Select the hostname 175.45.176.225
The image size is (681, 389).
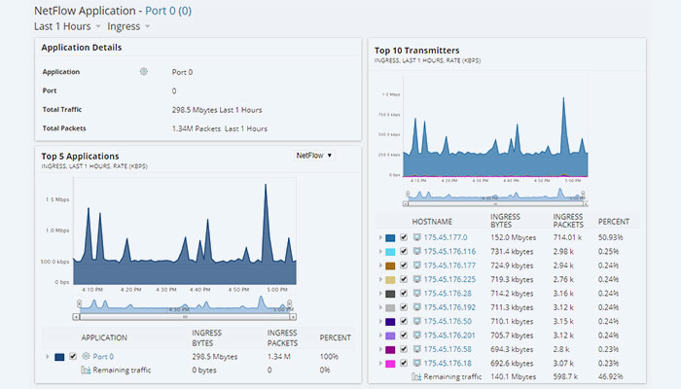click(x=452, y=279)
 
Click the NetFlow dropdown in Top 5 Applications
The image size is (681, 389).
click(x=314, y=155)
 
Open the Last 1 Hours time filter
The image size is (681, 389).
click(x=62, y=26)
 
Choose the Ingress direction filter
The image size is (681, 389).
click(x=124, y=26)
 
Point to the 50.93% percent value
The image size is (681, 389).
click(x=611, y=237)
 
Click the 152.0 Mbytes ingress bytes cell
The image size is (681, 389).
click(x=514, y=237)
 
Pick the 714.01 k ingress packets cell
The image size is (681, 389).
click(x=566, y=237)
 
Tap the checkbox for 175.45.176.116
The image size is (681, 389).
click(x=404, y=251)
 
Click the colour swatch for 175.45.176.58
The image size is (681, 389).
click(x=389, y=348)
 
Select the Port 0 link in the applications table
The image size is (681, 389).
click(x=102, y=357)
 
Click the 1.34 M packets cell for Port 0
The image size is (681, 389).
click(x=280, y=357)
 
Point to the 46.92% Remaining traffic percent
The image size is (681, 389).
click(x=611, y=376)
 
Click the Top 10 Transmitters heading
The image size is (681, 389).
click(x=416, y=50)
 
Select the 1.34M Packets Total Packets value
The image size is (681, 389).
click(x=219, y=128)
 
